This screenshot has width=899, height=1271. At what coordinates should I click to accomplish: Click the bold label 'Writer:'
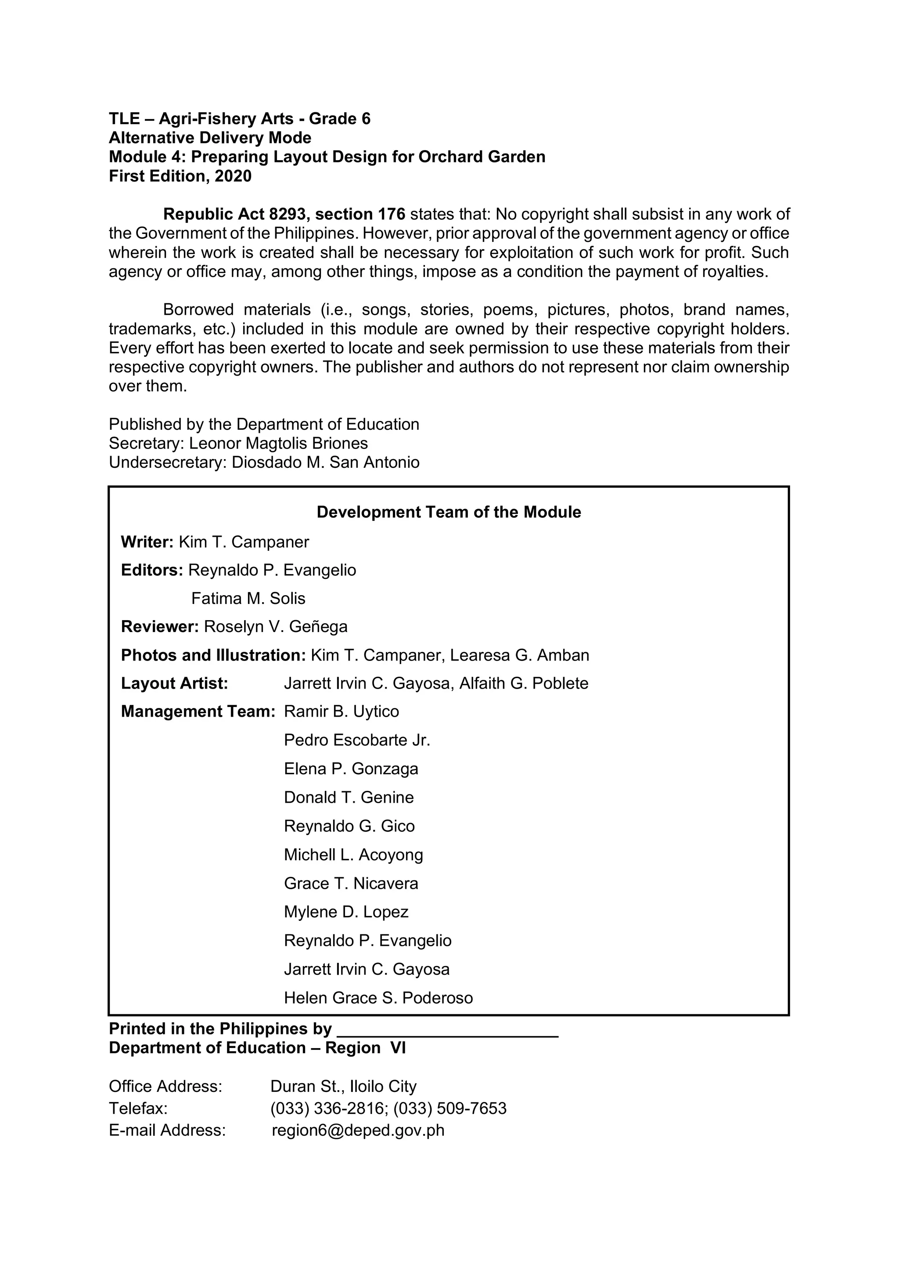tap(147, 542)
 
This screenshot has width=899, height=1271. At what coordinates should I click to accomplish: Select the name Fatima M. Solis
tap(248, 598)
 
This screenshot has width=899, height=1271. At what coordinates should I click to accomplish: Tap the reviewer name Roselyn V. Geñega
tap(276, 627)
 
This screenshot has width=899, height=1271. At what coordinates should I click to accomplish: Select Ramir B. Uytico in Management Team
tap(341, 712)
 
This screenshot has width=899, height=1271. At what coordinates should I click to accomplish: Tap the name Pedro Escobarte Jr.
tap(357, 741)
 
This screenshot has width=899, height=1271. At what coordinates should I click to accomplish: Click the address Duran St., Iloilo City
tap(343, 1087)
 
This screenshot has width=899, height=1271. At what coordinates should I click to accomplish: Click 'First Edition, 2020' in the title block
tap(180, 176)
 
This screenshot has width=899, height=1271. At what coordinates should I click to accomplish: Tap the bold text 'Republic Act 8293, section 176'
tap(284, 214)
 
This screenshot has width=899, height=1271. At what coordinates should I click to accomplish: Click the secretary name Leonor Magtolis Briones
tap(278, 443)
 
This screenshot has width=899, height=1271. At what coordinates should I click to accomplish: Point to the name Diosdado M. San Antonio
tap(326, 463)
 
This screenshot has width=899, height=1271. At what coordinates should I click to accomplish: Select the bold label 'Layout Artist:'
tap(174, 684)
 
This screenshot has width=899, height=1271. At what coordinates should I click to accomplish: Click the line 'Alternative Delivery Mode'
tap(210, 138)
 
